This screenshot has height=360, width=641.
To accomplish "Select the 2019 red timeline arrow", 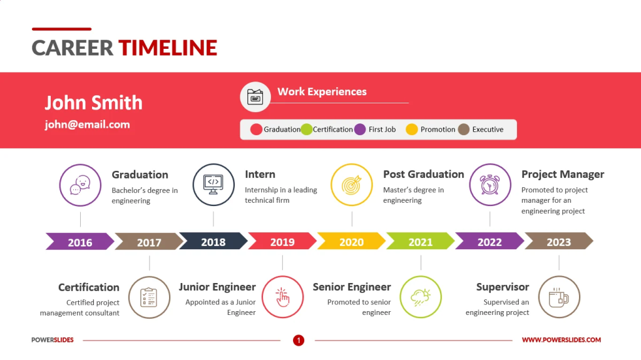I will click(282, 242).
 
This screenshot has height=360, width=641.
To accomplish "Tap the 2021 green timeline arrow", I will click(420, 242).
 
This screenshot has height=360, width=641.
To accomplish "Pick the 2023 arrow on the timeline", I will click(558, 242).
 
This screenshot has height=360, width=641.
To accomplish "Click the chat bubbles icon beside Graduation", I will click(80, 185).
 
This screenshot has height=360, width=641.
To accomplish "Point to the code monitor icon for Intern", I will click(213, 185).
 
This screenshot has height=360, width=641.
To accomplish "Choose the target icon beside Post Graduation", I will click(351, 185).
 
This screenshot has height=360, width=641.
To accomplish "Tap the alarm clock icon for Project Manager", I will click(490, 185).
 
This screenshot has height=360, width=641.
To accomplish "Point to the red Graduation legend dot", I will click(256, 130).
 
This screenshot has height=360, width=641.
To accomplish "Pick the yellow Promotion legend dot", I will click(411, 130).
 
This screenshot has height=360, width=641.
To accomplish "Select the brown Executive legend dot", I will click(463, 130).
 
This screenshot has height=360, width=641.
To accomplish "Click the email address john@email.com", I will click(87, 125).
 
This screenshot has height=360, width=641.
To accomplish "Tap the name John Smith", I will click(93, 103).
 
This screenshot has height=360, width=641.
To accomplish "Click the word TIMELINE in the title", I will click(167, 48).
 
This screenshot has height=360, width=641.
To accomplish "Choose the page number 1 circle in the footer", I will click(299, 340).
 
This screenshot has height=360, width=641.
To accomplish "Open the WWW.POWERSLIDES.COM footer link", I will click(561, 340).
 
